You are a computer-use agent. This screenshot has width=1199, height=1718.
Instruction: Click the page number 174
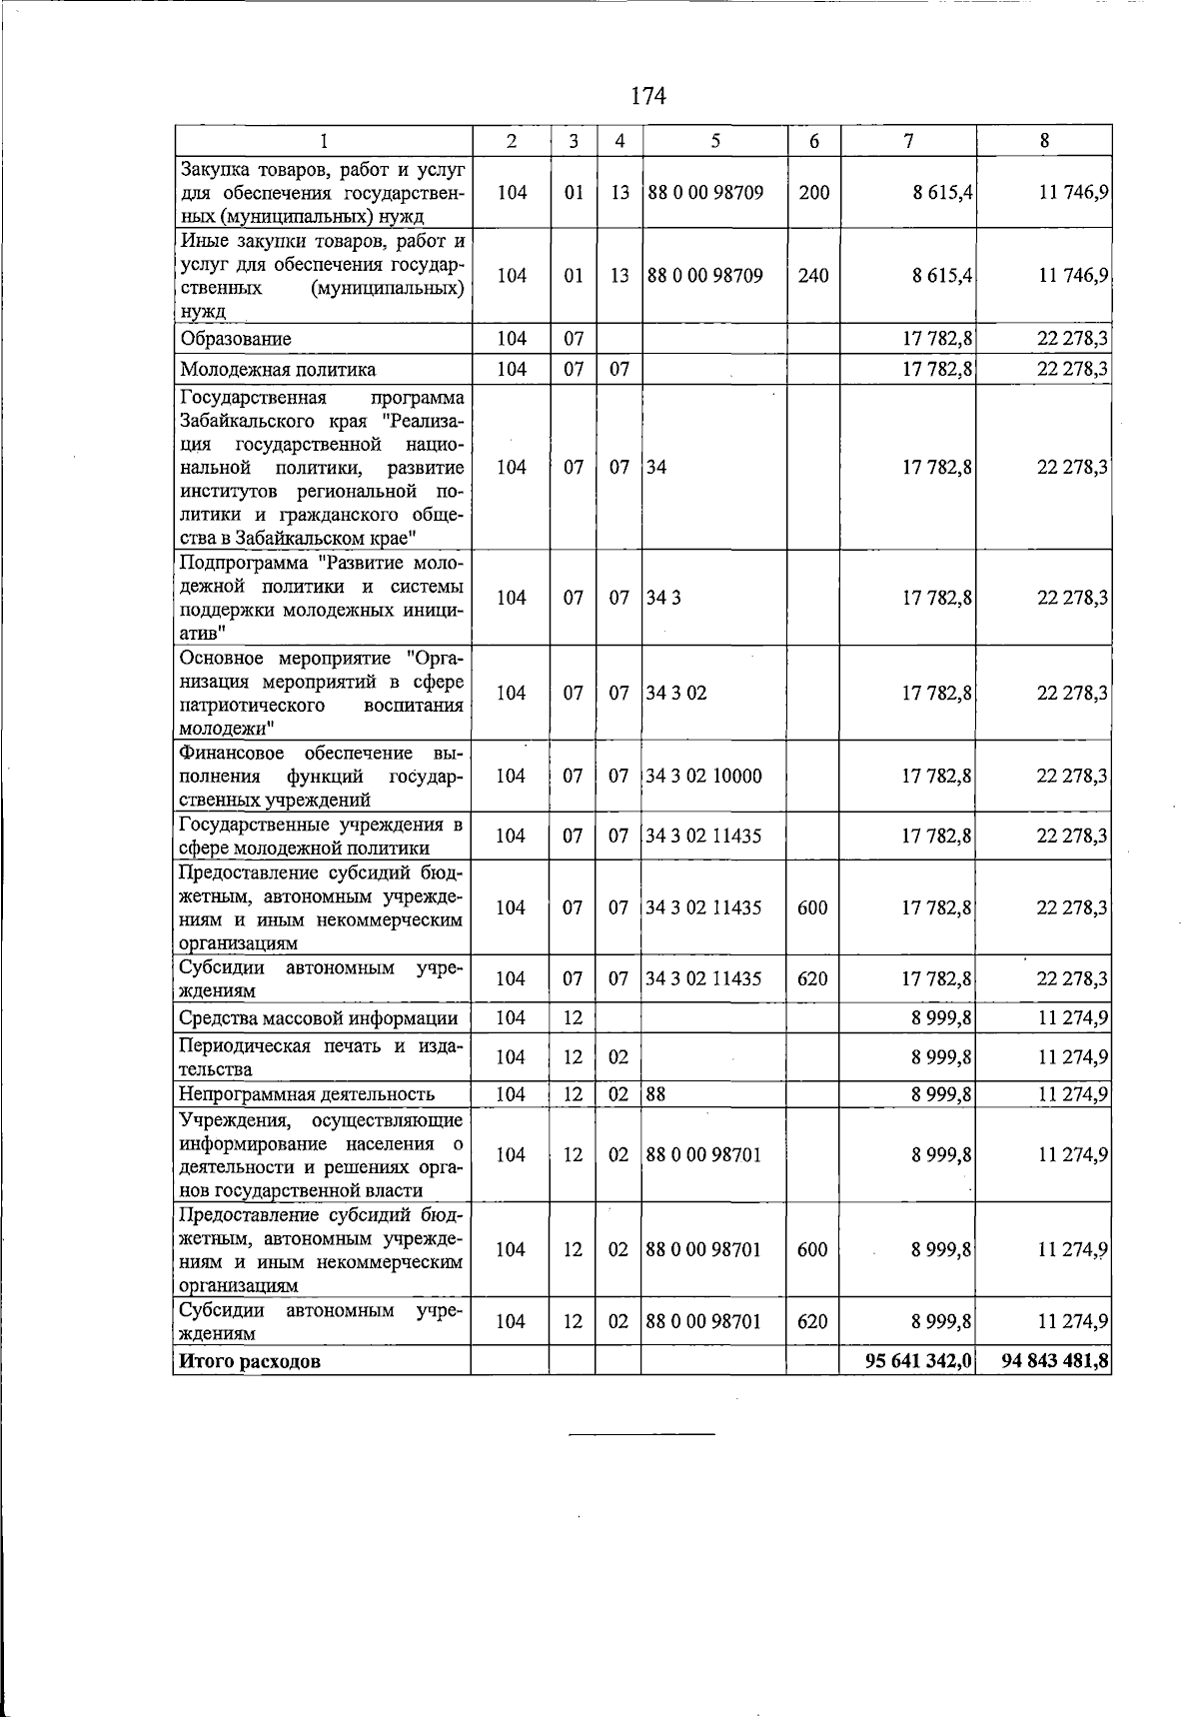pyautogui.click(x=648, y=96)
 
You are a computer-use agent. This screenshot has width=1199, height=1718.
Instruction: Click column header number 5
pyautogui.click(x=715, y=142)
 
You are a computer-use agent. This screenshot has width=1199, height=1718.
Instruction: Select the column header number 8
pyautogui.click(x=1044, y=142)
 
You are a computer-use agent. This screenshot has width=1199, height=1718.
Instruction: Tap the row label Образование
pyautogui.click(x=236, y=339)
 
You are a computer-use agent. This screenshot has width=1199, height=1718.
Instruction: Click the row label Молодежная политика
pyautogui.click(x=278, y=370)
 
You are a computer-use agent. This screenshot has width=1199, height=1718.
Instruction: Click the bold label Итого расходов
pyautogui.click(x=250, y=1361)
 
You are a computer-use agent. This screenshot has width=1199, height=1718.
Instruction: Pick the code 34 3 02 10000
pyautogui.click(x=704, y=777)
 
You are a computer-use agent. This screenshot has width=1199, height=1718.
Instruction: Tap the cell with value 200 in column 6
pyautogui.click(x=814, y=193)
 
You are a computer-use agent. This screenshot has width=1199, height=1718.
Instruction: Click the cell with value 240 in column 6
pyautogui.click(x=814, y=276)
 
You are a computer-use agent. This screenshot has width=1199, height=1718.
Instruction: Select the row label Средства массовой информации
pyautogui.click(x=318, y=1018)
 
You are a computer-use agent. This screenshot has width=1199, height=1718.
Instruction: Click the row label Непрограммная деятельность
pyautogui.click(x=307, y=1094)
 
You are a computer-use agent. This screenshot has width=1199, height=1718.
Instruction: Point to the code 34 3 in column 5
pyautogui.click(x=663, y=598)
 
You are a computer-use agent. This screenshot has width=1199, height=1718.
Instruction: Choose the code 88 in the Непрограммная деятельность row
pyautogui.click(x=656, y=1094)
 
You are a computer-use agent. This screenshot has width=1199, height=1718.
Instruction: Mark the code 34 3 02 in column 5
pyautogui.click(x=676, y=693)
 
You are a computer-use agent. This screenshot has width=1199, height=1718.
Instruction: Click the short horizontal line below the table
pyautogui.click(x=641, y=1434)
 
